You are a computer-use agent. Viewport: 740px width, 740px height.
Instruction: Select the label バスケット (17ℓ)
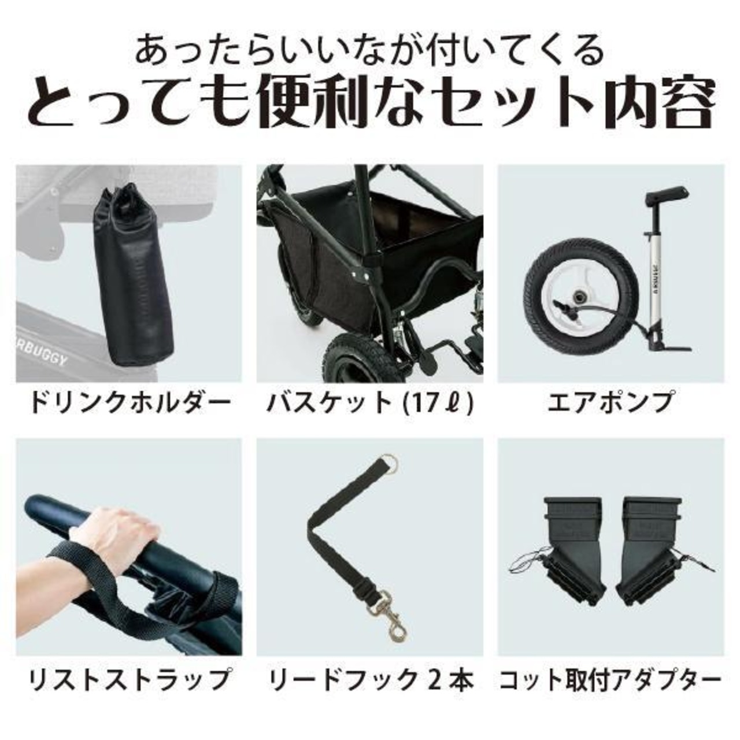(x=370, y=403)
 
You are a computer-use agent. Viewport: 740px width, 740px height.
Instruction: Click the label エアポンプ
(x=610, y=403)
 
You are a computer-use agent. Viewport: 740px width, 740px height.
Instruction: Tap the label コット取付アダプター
(x=610, y=678)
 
